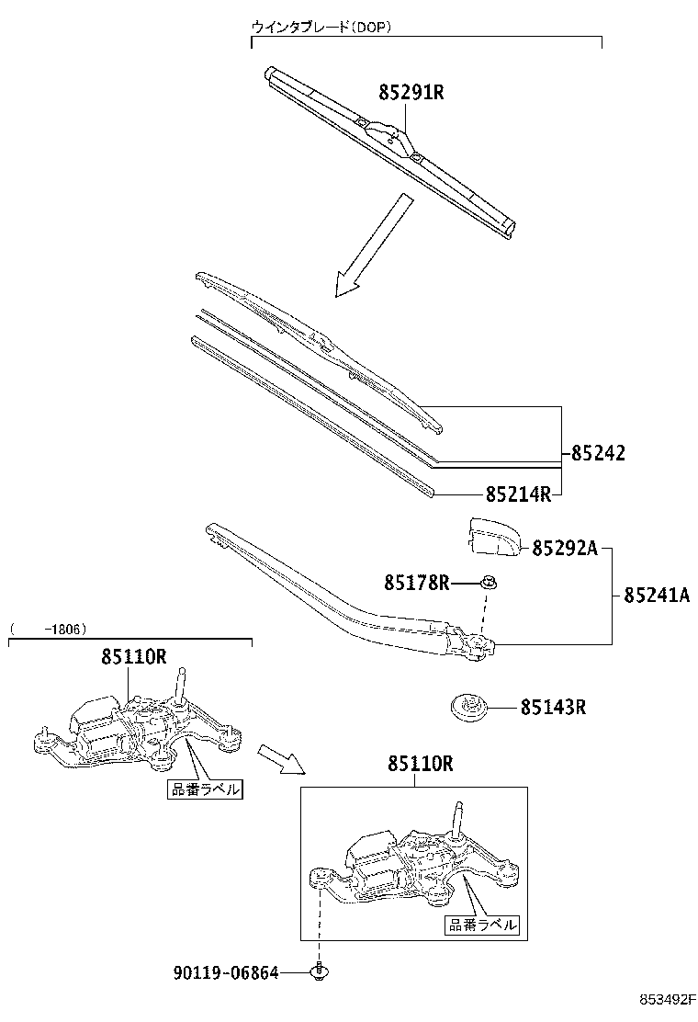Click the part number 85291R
click(x=411, y=93)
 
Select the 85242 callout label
click(x=598, y=453)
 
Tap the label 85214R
click(x=517, y=494)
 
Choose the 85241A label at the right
click(x=656, y=595)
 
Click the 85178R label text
click(x=416, y=582)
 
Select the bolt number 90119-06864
click(x=225, y=972)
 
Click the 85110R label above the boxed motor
click(x=420, y=763)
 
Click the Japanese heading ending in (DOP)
click(x=322, y=28)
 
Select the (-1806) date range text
click(x=48, y=630)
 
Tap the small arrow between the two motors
click(x=278, y=758)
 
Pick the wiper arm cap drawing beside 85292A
click(x=492, y=538)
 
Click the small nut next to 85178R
click(x=490, y=582)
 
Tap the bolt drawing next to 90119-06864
click(x=320, y=971)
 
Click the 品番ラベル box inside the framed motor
click(x=481, y=925)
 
